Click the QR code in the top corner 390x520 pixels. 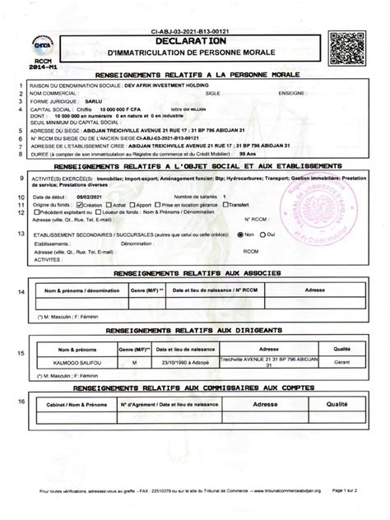tap(346, 44)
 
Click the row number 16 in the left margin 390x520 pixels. tap(21, 401)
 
